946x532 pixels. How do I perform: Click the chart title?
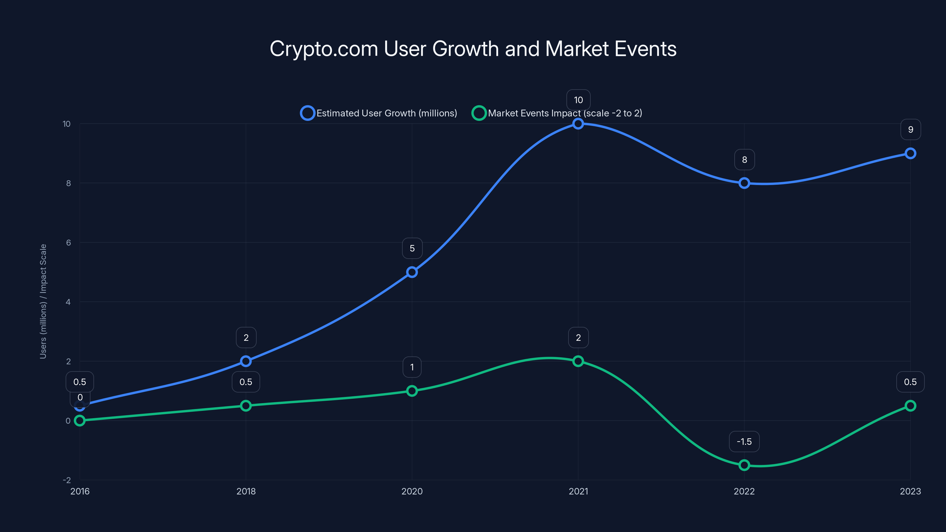tap(473, 49)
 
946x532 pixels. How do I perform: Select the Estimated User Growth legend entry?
tap(379, 113)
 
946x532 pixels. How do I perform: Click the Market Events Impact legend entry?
tap(557, 113)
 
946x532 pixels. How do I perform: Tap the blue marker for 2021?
tap(578, 124)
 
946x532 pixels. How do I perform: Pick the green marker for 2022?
tap(744, 465)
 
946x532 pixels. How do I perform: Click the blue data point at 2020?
tap(412, 272)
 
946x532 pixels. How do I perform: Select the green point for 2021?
tap(578, 361)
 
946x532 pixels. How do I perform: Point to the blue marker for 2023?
tap(910, 153)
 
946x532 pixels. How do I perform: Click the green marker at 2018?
tap(246, 406)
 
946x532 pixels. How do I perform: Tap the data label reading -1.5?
tap(744, 442)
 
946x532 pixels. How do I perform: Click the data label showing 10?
tap(578, 100)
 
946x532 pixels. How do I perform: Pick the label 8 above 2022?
tap(744, 160)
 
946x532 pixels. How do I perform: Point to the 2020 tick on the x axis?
tap(412, 491)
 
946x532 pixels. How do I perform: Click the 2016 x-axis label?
tap(80, 491)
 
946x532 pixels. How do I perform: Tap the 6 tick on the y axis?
tap(68, 243)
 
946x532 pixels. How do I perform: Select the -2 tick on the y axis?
tap(67, 480)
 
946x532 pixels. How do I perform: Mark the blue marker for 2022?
tap(744, 183)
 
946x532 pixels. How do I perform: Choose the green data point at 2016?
tap(80, 420)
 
